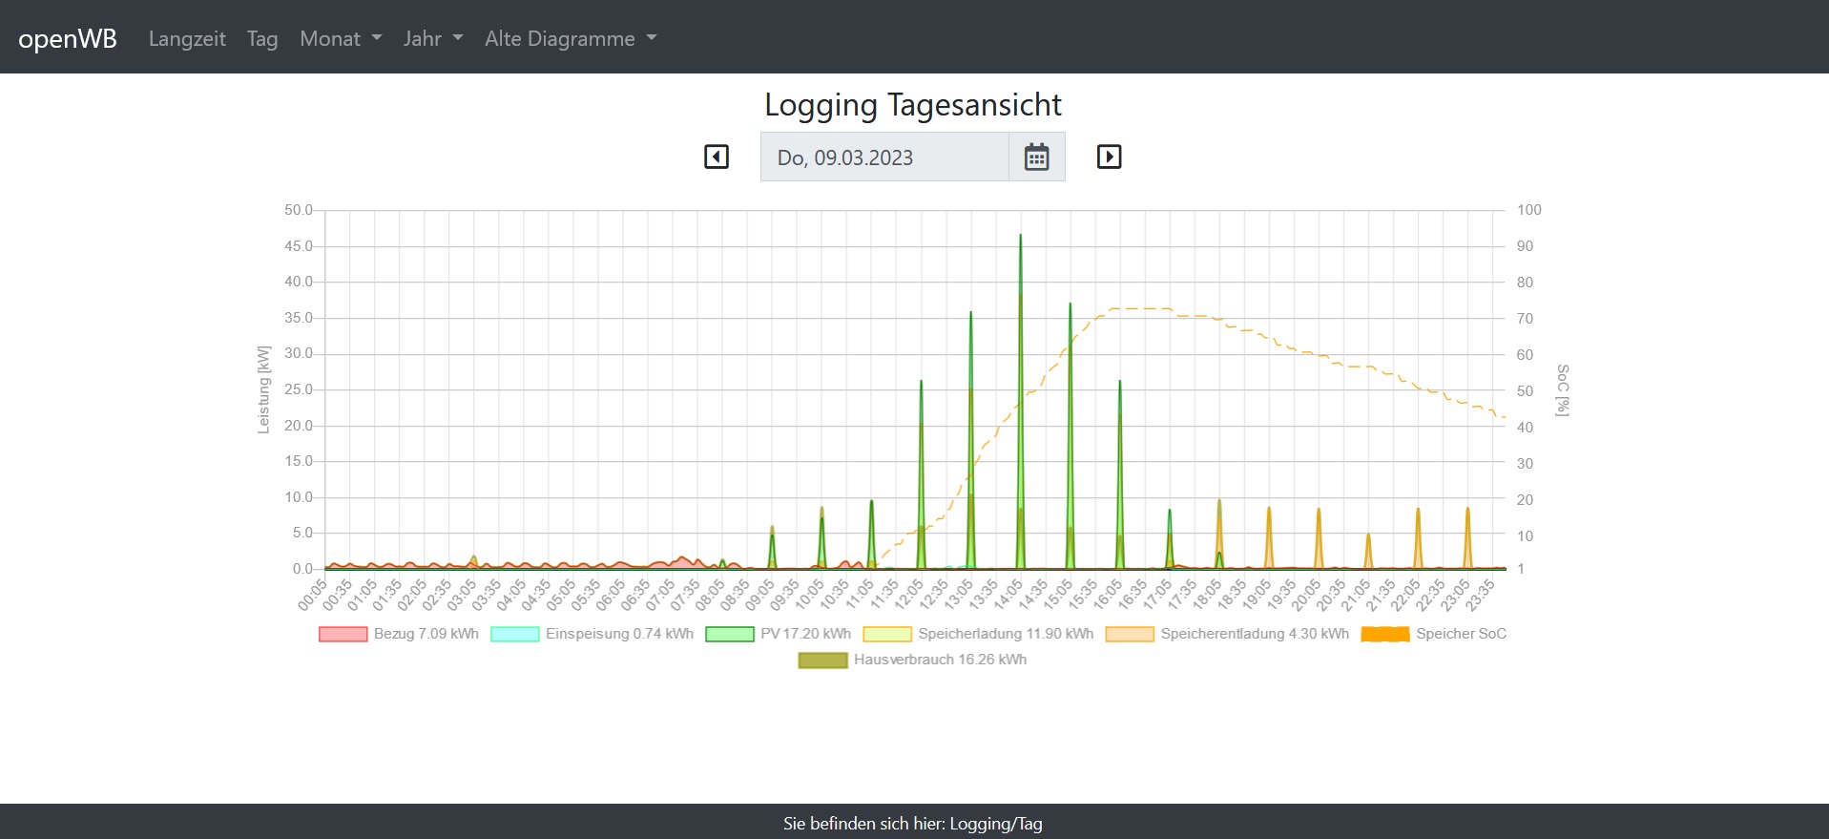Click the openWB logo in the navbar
[68, 38]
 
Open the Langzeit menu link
[187, 38]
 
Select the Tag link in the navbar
[262, 38]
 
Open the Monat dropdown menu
[341, 38]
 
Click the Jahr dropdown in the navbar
[433, 38]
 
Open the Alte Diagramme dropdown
[571, 38]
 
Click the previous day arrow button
[717, 157]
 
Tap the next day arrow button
[1109, 157]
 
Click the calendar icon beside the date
[1036, 157]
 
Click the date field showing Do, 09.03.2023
[883, 157]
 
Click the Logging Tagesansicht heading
[913, 104]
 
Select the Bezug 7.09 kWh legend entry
[399, 634]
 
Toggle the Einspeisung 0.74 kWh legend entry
[592, 634]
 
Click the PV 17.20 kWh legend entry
[778, 634]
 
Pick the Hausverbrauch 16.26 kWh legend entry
[913, 660]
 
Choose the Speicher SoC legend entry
[1434, 634]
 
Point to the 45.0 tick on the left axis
[298, 246]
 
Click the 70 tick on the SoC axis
[1525, 319]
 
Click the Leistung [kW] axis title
[263, 389]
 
